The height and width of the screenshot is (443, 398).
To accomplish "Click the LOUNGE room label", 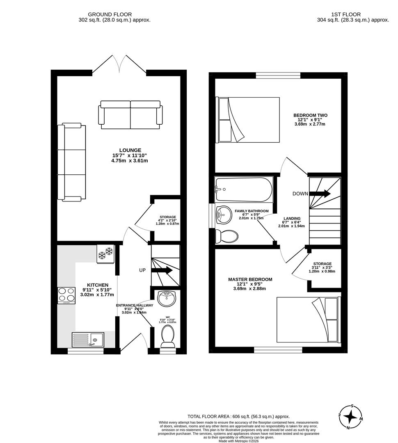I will [x=130, y=150].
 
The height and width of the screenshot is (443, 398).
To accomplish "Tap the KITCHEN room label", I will [x=98, y=285].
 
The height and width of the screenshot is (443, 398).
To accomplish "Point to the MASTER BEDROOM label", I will [x=250, y=279].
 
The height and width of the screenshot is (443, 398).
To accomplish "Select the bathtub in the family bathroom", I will [x=244, y=190].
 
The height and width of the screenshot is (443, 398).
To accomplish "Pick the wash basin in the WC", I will [x=167, y=299].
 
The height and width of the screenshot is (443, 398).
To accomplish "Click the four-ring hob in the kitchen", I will [x=66, y=295].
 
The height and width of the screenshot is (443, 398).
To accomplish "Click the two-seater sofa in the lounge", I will [x=130, y=115].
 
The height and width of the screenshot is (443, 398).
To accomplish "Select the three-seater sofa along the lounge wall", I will [x=72, y=163].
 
